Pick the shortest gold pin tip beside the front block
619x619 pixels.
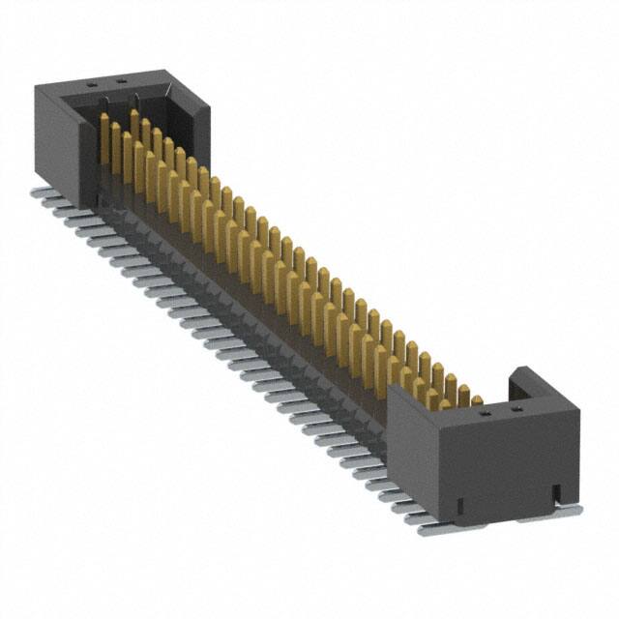coord(476,398)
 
